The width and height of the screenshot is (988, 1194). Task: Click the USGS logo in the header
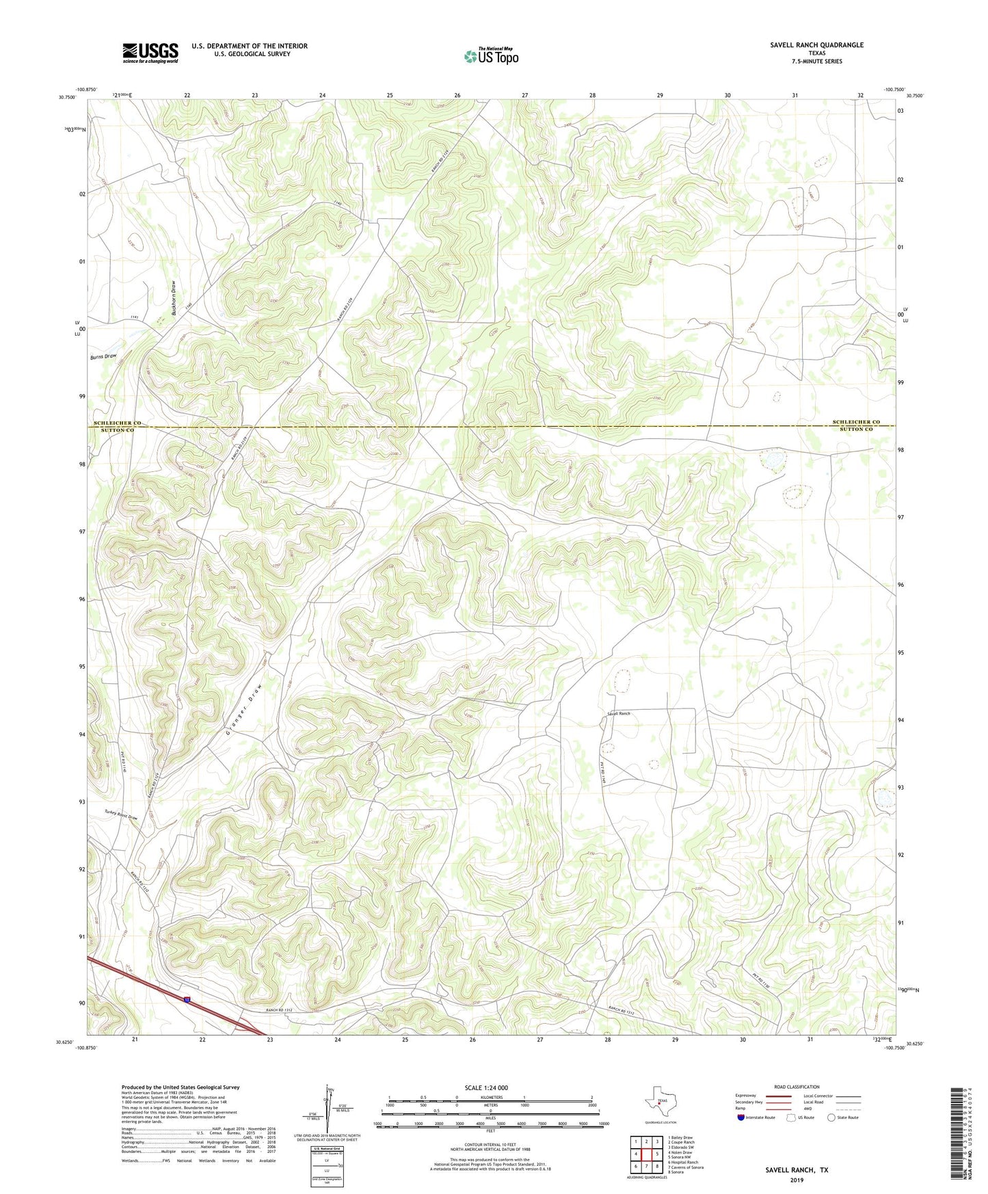(150, 53)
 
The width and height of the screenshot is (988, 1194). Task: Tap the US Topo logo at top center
(491, 56)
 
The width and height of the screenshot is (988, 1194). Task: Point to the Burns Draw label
(103, 357)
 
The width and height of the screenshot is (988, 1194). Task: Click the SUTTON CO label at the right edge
(856, 429)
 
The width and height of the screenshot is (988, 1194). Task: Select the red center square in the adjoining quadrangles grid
(646, 1154)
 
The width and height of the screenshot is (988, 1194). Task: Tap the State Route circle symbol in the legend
(831, 1117)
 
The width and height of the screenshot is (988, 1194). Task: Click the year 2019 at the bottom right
(796, 1180)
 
